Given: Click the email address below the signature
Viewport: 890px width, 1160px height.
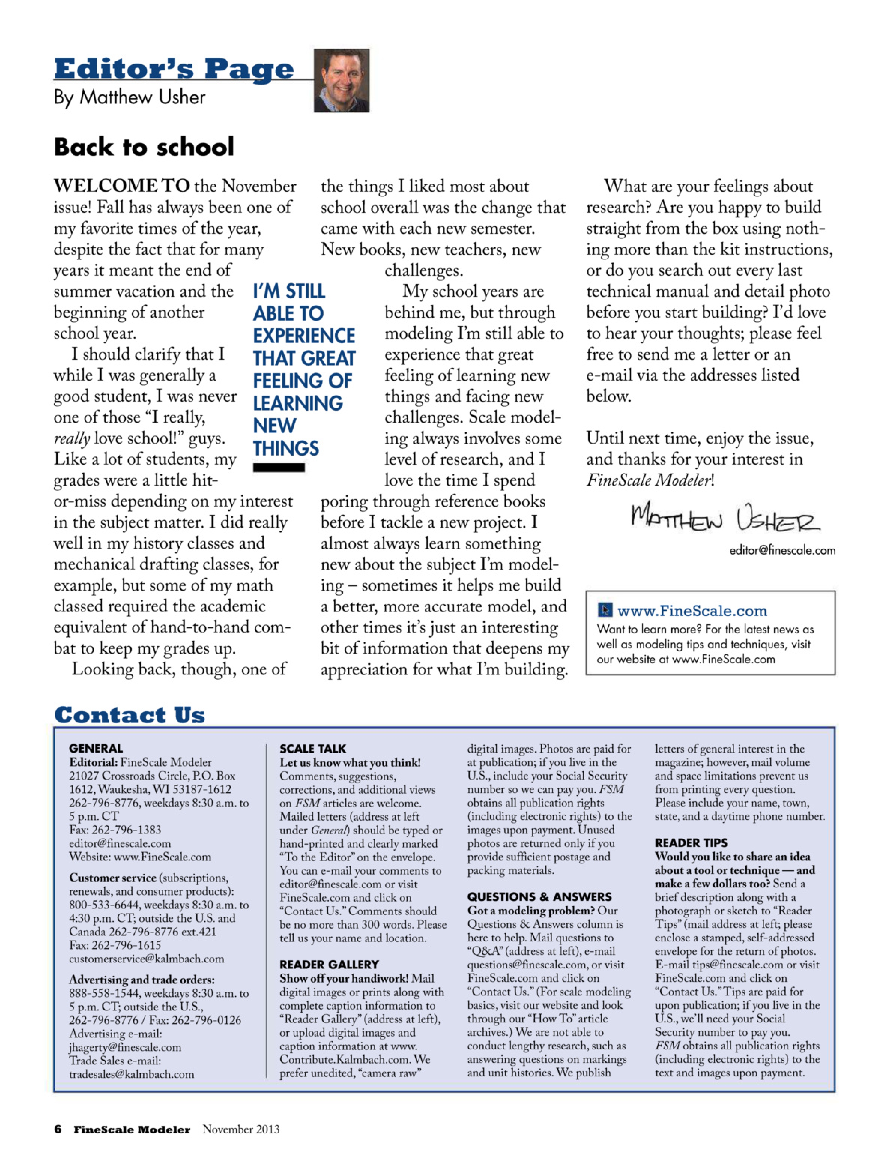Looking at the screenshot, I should (782, 550).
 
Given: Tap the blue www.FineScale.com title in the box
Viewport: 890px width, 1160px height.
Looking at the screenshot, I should (692, 611).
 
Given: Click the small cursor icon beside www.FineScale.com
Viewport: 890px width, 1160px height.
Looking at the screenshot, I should (605, 610).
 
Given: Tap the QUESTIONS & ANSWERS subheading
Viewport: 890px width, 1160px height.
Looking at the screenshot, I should (539, 897).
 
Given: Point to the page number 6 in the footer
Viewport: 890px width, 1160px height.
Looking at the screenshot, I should (58, 1129).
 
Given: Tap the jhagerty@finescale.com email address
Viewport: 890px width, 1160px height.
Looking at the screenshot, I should (125, 1047).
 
